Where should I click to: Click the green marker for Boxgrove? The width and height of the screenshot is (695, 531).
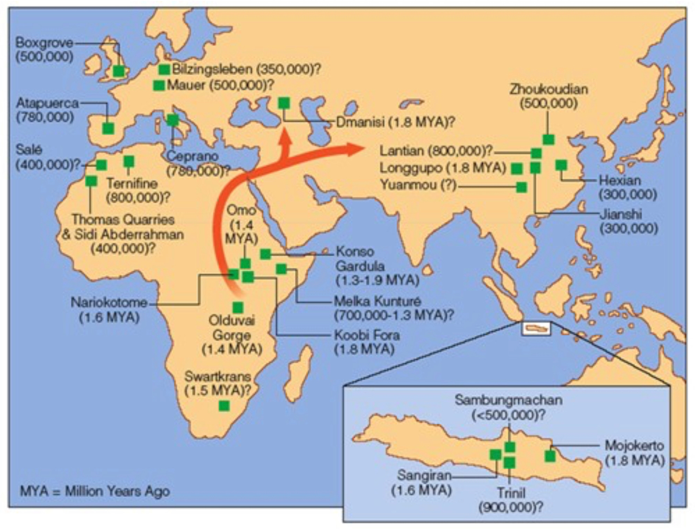(118, 71)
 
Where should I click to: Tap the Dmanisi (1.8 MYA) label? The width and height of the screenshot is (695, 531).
(395, 122)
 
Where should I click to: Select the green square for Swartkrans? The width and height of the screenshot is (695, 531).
(224, 406)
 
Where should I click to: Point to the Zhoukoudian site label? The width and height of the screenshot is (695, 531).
(549, 96)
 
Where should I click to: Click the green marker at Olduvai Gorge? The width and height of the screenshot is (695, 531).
(237, 307)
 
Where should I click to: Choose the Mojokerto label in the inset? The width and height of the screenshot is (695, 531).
(634, 452)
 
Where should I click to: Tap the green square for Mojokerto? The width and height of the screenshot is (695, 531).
(550, 456)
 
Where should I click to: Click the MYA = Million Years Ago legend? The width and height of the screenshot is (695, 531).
(95, 491)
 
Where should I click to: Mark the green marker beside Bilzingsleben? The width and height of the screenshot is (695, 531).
(164, 69)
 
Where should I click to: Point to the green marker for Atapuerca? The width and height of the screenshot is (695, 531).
(108, 128)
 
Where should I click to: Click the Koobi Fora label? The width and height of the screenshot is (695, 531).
(367, 341)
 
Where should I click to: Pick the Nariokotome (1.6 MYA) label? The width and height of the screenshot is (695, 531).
(109, 309)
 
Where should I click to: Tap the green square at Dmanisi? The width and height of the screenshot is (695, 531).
(284, 102)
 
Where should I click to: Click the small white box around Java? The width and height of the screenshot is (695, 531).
(536, 328)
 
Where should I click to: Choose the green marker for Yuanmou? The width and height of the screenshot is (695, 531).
(521, 187)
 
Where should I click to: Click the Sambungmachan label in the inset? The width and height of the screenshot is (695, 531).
(508, 407)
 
